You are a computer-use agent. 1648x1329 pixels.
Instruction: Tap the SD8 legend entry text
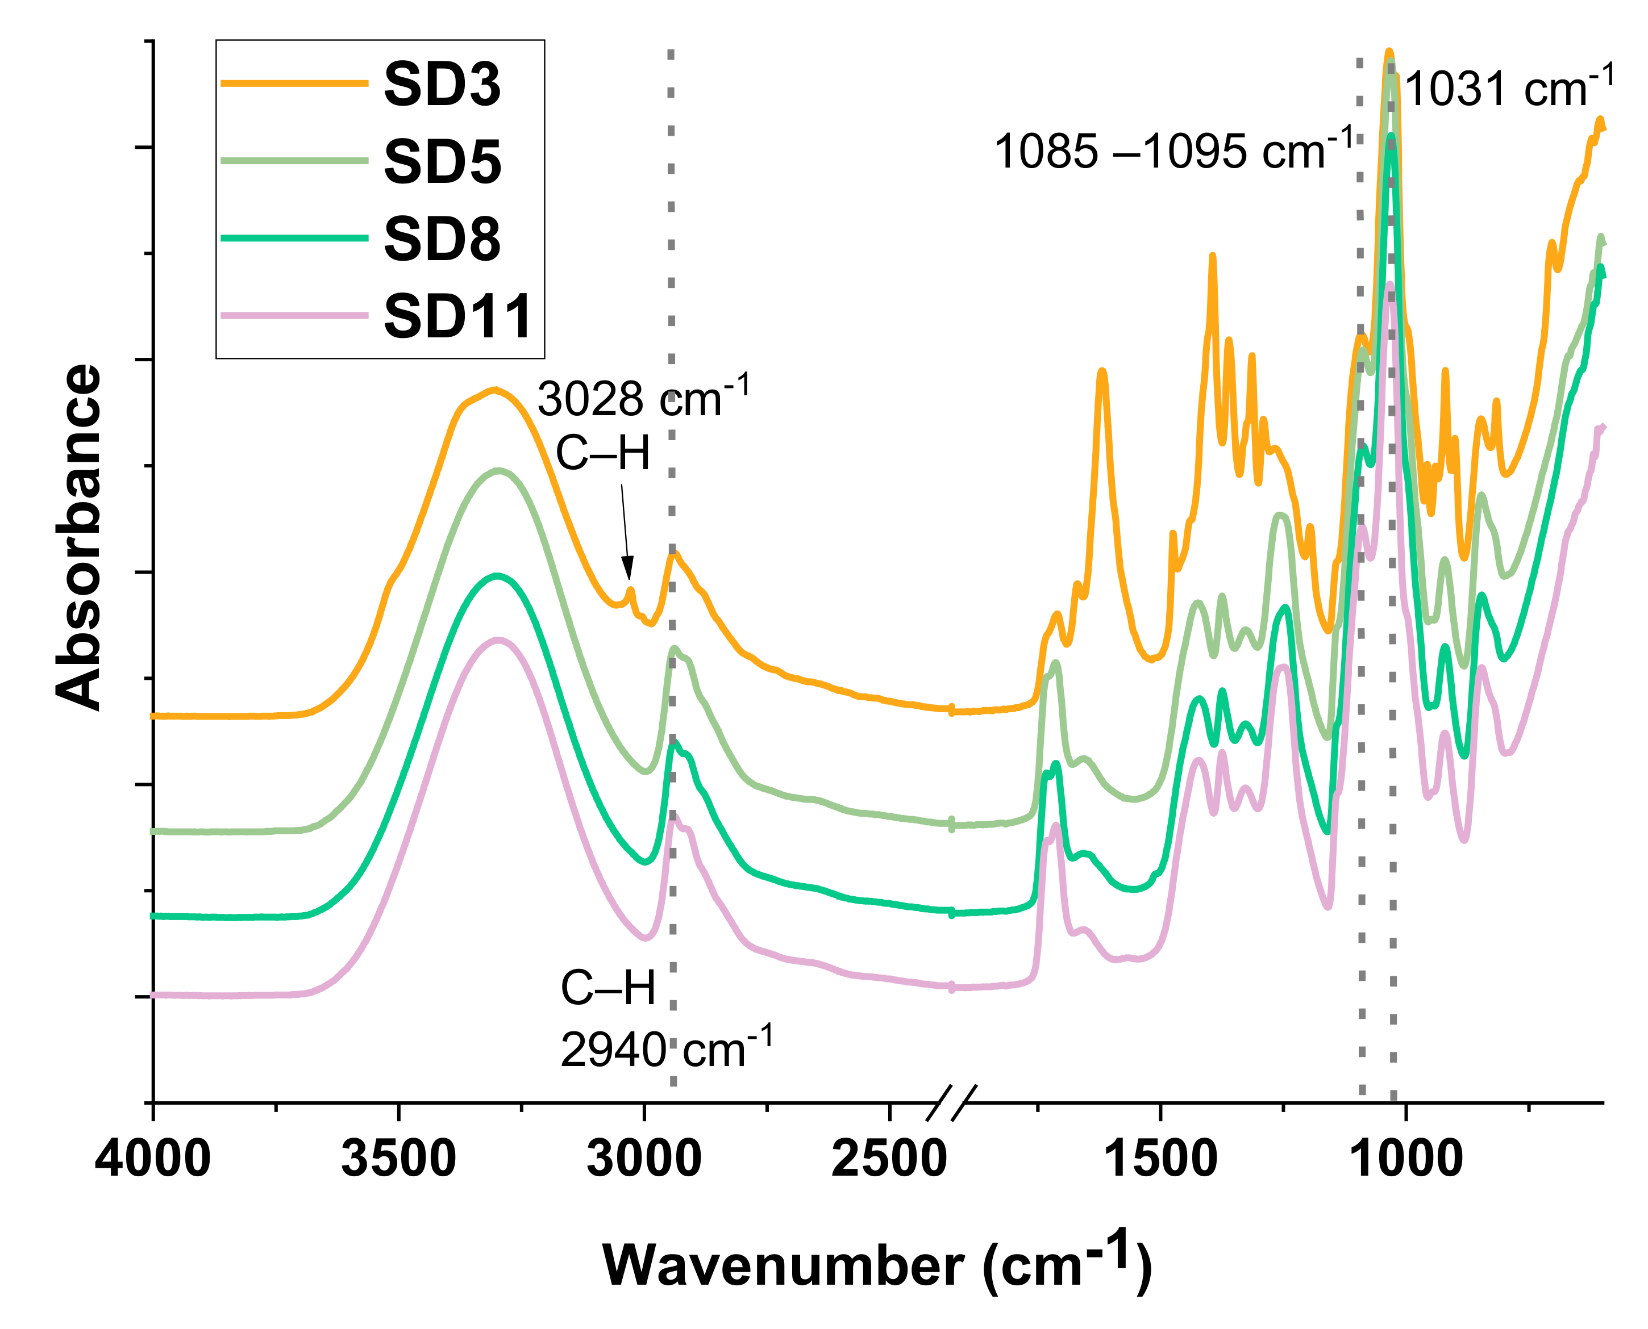(442, 239)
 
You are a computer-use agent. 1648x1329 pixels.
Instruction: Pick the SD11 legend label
(457, 316)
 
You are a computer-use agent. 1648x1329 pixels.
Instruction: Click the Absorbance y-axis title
(79, 538)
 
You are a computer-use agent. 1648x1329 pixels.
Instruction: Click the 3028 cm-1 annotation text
(643, 398)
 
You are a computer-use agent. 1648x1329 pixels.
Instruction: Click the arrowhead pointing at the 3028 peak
(628, 574)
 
